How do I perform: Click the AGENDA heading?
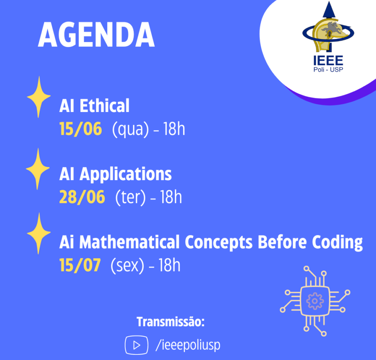click(96, 35)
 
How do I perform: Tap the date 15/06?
click(81, 129)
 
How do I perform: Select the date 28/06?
click(82, 197)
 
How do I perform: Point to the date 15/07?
click(80, 265)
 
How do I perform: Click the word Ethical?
click(104, 106)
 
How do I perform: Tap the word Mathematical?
click(129, 242)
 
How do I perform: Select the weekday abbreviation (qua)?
click(131, 129)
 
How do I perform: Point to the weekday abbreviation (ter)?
click(131, 197)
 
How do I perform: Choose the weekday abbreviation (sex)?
click(127, 265)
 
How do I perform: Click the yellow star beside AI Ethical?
click(39, 97)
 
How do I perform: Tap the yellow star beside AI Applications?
click(38, 169)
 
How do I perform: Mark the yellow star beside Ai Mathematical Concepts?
click(39, 233)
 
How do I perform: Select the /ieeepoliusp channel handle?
click(188, 345)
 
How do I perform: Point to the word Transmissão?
click(170, 322)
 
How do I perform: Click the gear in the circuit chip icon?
click(315, 301)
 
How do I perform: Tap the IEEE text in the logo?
click(328, 61)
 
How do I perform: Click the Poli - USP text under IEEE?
click(328, 69)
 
